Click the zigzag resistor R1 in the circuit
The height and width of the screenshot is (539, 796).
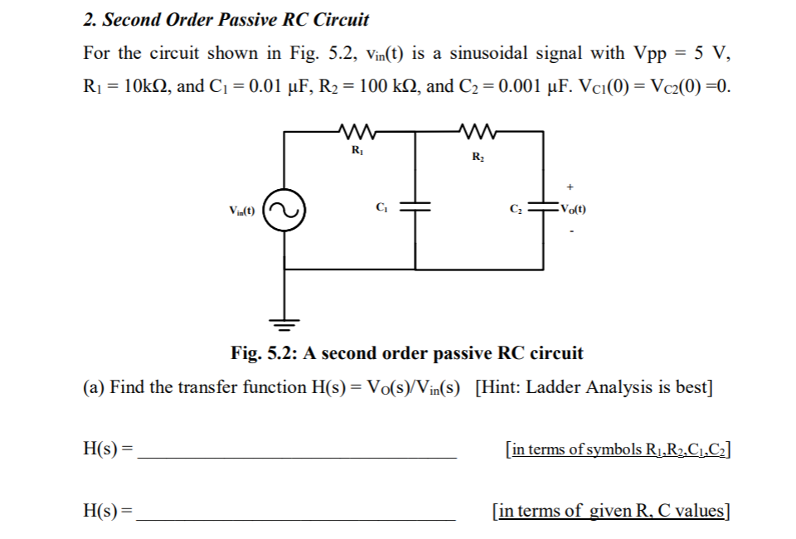pos(356,131)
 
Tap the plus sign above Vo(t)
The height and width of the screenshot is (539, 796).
pos(571,187)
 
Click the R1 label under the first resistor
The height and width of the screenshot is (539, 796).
pos(357,151)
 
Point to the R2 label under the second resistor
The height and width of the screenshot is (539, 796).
pos(478,157)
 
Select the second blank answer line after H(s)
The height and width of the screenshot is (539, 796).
pos(296,516)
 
